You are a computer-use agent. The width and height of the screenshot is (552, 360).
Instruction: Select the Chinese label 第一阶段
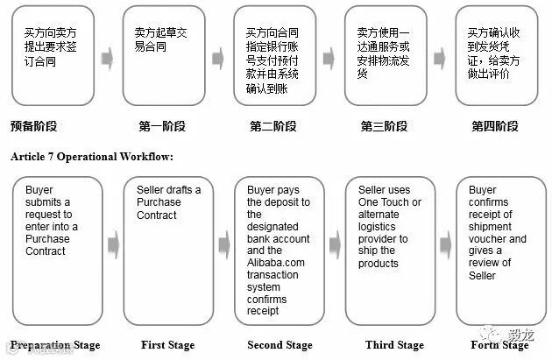(x=162, y=126)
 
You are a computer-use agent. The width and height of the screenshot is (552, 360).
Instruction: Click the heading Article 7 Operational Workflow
(x=92, y=157)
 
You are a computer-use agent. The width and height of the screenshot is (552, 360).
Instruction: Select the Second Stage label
(x=280, y=344)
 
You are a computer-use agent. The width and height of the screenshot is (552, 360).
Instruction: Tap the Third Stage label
(x=391, y=344)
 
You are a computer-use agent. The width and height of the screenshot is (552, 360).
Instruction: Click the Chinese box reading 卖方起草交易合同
(x=163, y=54)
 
